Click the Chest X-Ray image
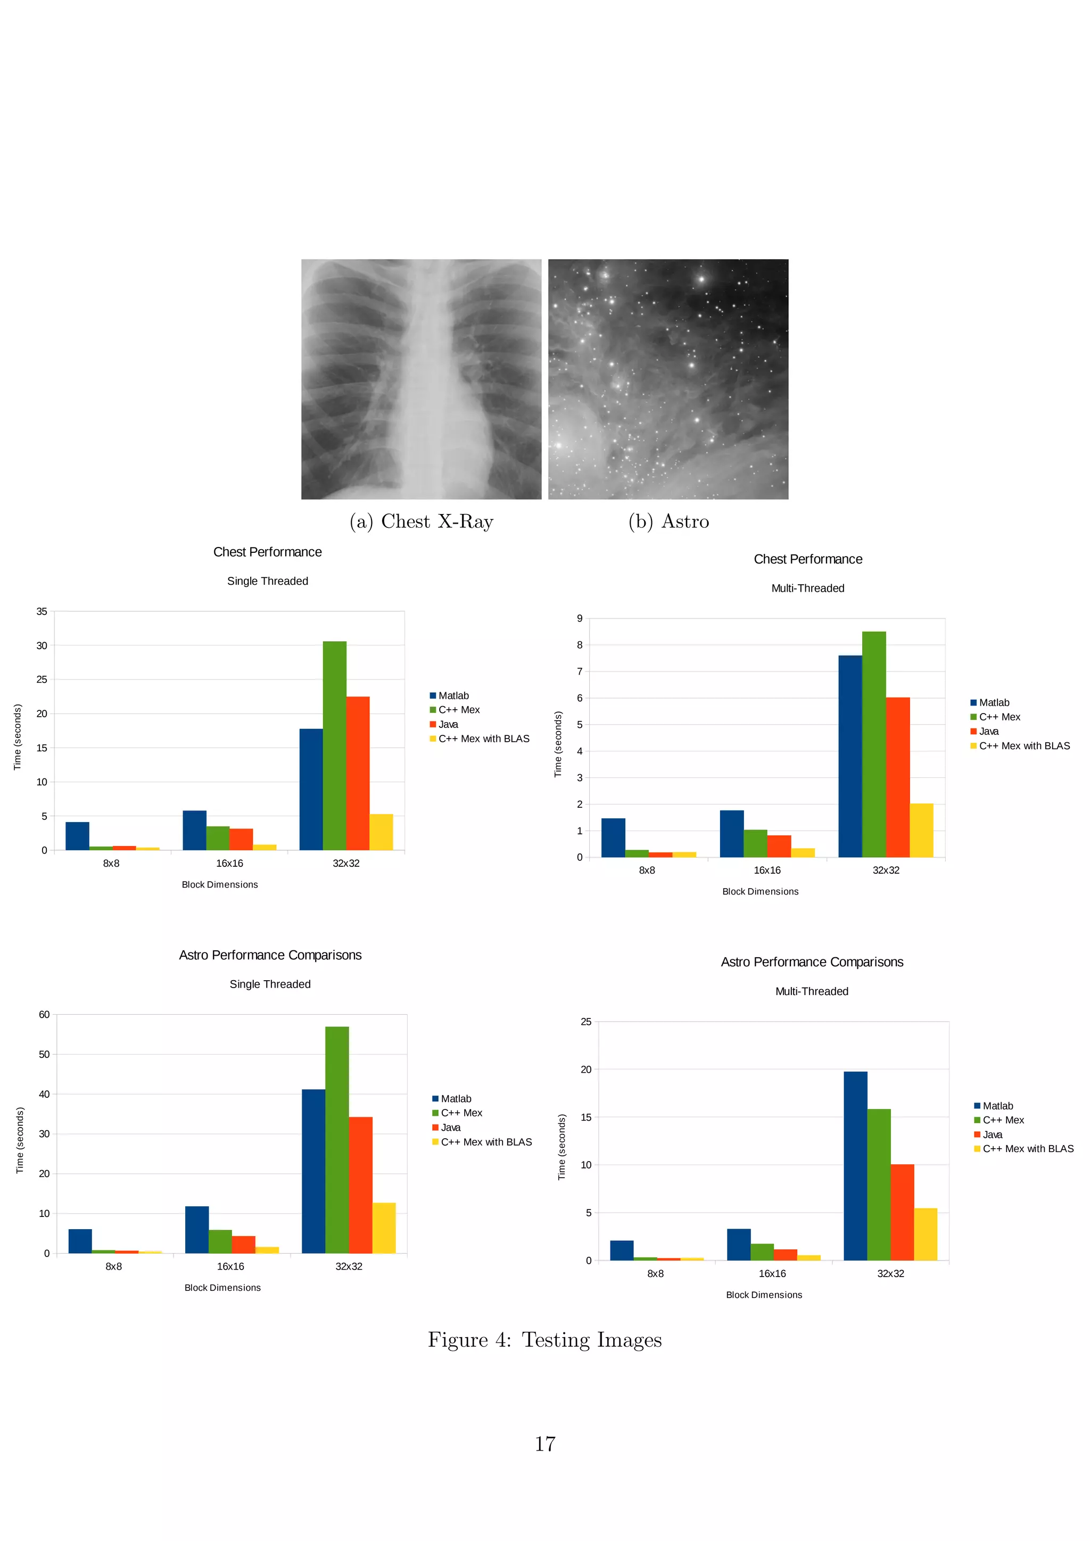[x=421, y=379]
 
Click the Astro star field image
[x=668, y=379]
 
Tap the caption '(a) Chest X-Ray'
[x=422, y=521]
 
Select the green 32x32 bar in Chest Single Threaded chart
[x=334, y=745]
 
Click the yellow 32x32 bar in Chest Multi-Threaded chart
[x=921, y=830]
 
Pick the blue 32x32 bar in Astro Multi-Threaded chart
[x=855, y=1166]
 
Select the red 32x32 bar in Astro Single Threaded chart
[x=360, y=1184]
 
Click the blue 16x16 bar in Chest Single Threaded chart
[x=195, y=830]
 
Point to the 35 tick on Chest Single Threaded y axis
[x=42, y=611]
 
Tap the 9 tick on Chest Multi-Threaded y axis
[x=580, y=618]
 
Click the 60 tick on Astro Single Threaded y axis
[x=44, y=1015]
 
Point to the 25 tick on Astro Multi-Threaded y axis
[x=586, y=1022]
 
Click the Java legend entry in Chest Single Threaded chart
[x=448, y=724]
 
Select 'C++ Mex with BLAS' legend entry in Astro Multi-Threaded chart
[x=1028, y=1149]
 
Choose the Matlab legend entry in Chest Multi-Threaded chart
[x=993, y=703]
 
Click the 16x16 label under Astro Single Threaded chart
[x=230, y=1266]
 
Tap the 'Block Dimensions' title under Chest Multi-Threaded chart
[x=761, y=892]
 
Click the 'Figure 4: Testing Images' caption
[x=545, y=1340]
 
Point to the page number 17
[x=545, y=1444]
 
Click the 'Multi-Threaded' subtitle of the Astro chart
[x=812, y=991]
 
